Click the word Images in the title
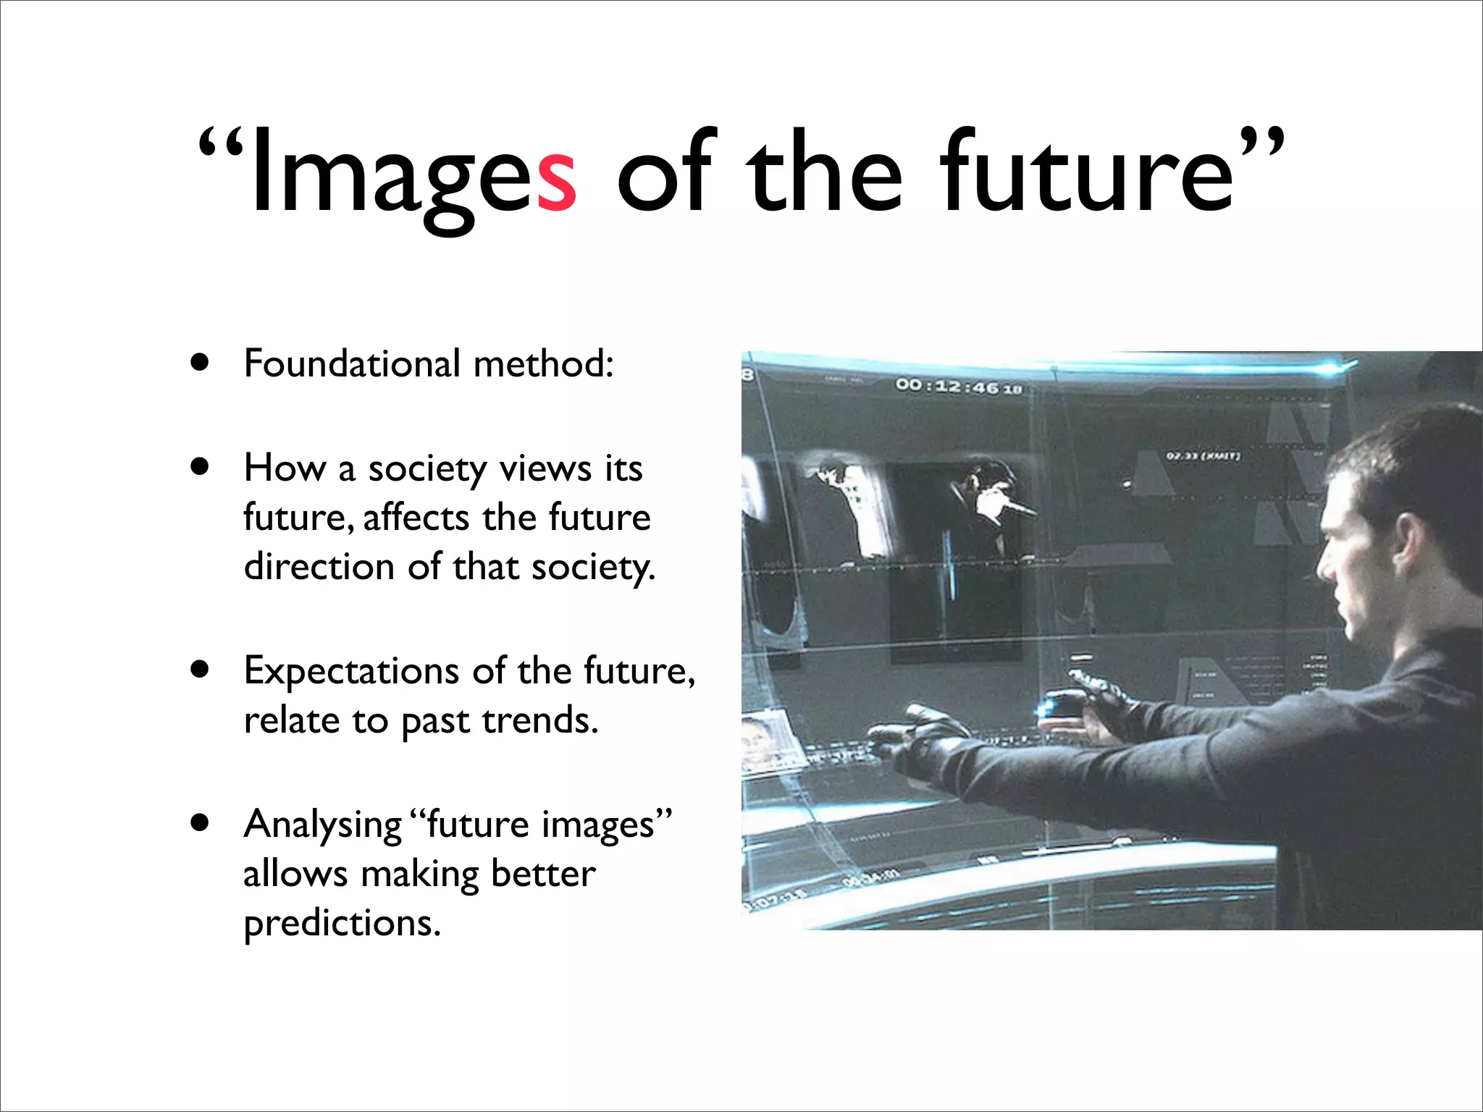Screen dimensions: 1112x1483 tap(413, 174)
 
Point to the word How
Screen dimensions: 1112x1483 tap(285, 468)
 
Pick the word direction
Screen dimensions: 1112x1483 tap(319, 566)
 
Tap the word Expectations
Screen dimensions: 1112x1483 tap(351, 671)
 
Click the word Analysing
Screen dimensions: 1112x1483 tap(322, 825)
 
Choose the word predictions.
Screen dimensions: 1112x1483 tap(342, 924)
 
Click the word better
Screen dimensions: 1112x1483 tap(543, 874)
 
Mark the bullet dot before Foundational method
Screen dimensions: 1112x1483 tap(200, 362)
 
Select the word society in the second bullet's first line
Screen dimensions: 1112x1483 tap(427, 469)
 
